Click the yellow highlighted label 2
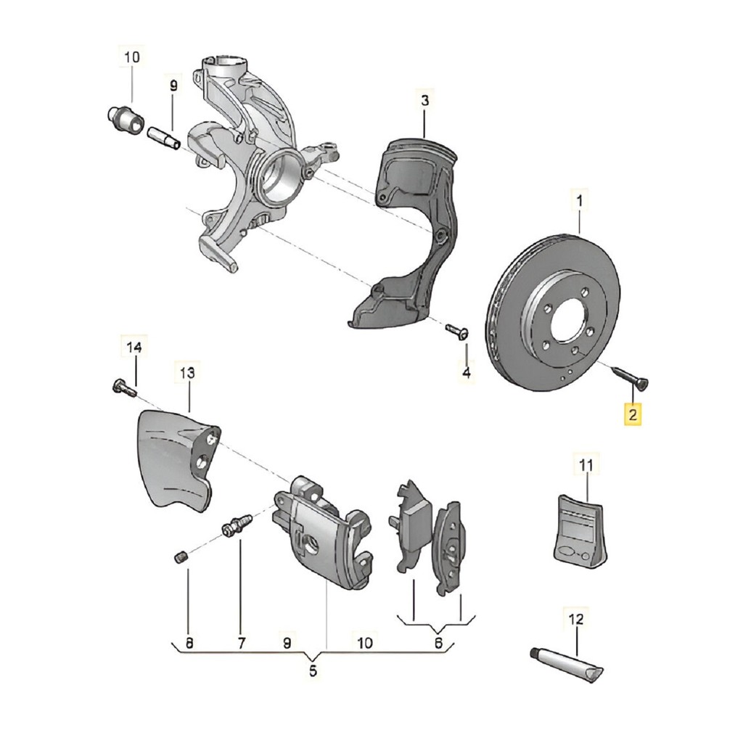point(633,415)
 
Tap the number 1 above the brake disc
point(580,202)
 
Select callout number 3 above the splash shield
point(424,100)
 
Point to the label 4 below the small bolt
point(467,372)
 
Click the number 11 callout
point(586,465)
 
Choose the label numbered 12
point(576,619)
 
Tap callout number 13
point(187,373)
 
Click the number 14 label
point(134,348)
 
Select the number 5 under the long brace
point(313,671)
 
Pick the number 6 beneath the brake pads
point(438,643)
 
